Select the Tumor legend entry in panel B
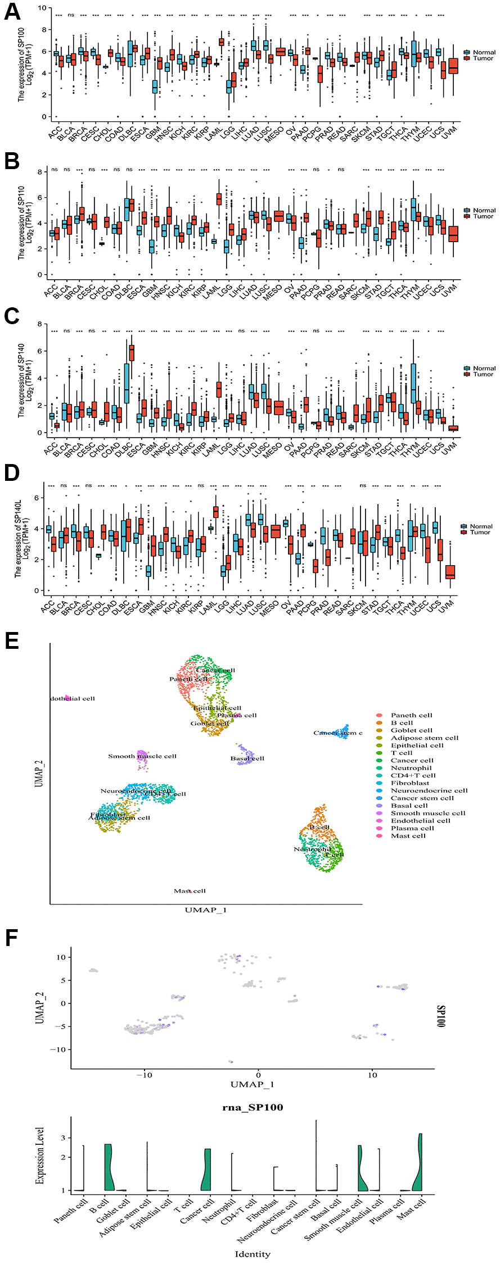[x=483, y=216]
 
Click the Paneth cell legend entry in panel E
[x=411, y=715]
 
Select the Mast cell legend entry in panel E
[x=408, y=836]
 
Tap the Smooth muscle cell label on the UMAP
[x=142, y=756]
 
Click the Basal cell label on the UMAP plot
[x=247, y=758]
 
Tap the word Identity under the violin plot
[x=253, y=1254]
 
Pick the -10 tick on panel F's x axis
[x=145, y=1075]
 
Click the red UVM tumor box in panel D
[x=450, y=572]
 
